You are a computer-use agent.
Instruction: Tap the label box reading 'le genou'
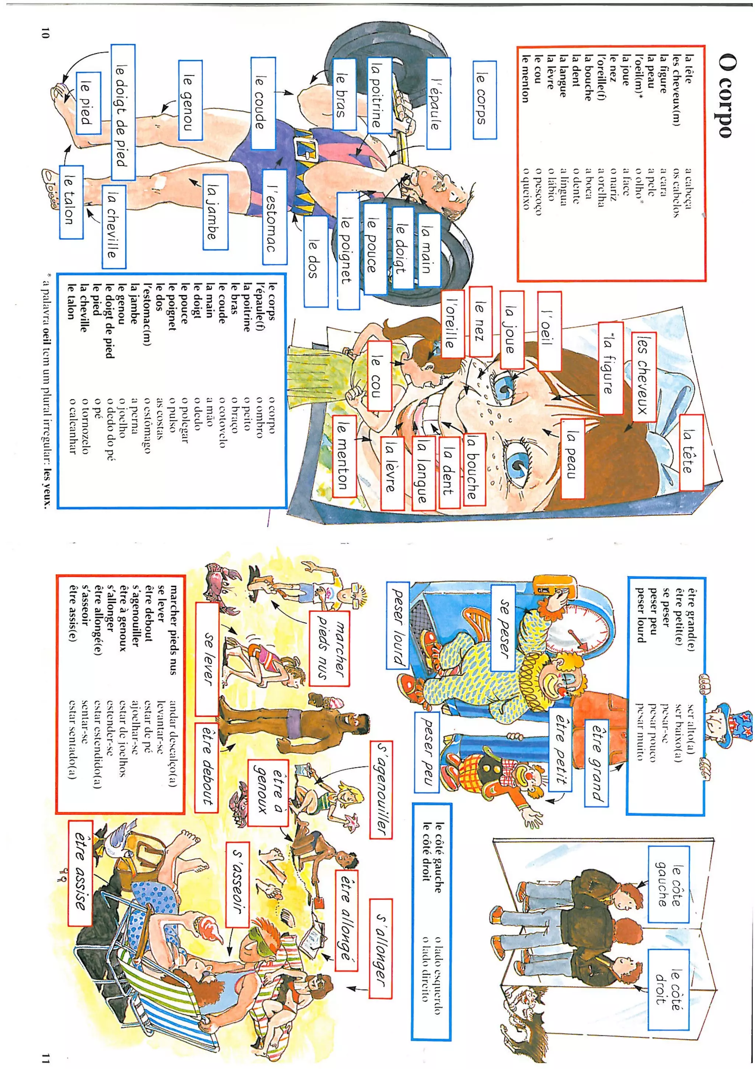coord(191,100)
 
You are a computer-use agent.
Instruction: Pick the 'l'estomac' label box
coord(274,217)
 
